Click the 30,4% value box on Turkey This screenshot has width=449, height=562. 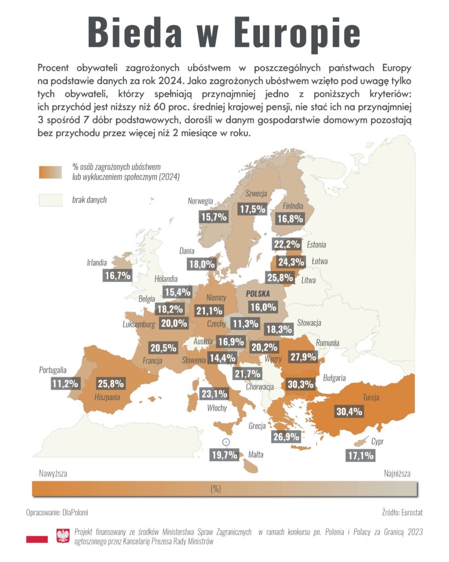tap(349, 412)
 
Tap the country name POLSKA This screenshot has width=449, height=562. tap(258, 294)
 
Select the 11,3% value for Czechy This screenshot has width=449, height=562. tap(245, 324)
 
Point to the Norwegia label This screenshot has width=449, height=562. tap(200, 201)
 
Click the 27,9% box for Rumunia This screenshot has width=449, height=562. tap(303, 357)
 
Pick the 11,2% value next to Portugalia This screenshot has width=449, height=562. tap(65, 384)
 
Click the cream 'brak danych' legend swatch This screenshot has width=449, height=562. tap(50, 200)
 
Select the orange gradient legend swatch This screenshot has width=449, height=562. tap(50, 172)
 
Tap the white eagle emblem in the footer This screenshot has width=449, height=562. tap(63, 536)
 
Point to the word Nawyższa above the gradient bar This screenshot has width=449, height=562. tap(53, 474)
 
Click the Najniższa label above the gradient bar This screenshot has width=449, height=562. tap(397, 474)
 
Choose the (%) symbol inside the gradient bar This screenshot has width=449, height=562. tap(215, 489)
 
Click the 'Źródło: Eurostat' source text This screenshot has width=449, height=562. tap(402, 513)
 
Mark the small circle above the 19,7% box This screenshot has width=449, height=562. tap(226, 442)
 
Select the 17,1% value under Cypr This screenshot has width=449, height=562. tap(361, 456)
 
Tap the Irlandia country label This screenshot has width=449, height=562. tap(96, 262)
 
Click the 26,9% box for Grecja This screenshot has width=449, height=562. tap(286, 436)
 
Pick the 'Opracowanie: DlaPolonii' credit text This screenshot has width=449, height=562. tap(57, 513)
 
